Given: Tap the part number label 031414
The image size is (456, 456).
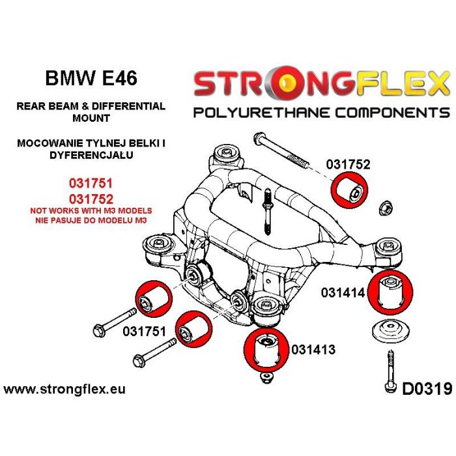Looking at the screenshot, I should coord(343,294).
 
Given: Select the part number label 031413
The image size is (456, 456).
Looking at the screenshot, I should coord(313,350).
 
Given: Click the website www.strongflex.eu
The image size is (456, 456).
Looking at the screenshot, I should coord(64,390).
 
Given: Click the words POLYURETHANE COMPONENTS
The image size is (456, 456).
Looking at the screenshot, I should coord(322,112).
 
